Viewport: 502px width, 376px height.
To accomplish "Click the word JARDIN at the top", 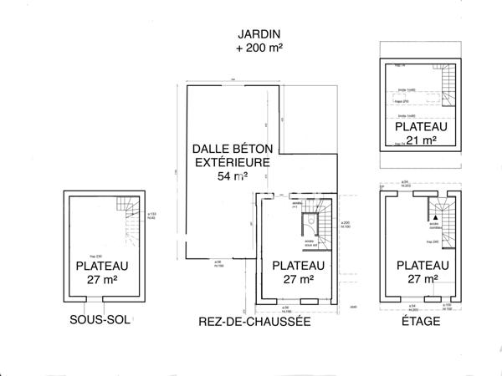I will (x=259, y=34).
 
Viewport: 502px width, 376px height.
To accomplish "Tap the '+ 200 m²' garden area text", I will (x=259, y=48).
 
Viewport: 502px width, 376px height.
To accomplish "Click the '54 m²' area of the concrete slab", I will (x=232, y=176).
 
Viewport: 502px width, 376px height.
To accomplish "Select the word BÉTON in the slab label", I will (x=248, y=148).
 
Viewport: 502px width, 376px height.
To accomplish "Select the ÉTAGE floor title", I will (x=422, y=321).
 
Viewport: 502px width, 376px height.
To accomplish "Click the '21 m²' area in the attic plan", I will (x=422, y=140).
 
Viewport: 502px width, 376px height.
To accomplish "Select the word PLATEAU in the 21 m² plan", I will (x=422, y=127).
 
